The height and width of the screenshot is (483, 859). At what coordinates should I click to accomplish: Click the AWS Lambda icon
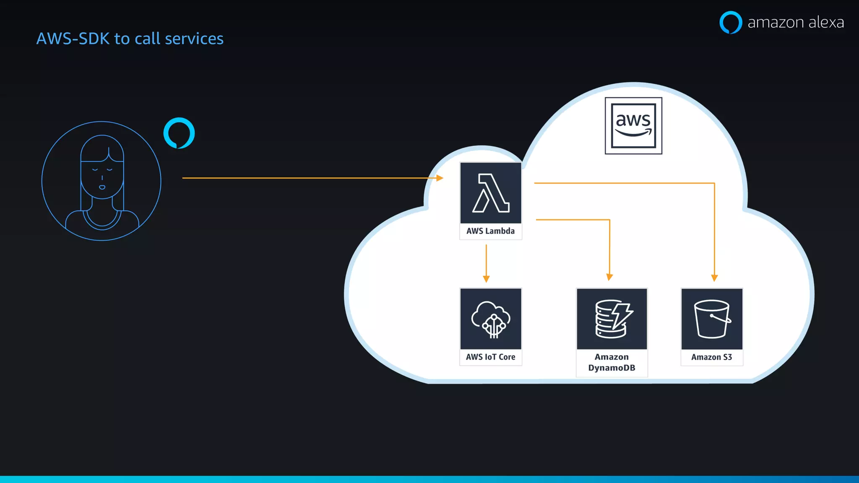point(490,193)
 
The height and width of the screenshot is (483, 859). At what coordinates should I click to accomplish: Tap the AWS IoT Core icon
point(490,319)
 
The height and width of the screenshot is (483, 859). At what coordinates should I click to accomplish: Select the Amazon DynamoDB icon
point(612,319)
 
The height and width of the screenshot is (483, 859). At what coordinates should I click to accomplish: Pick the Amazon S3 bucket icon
point(712,319)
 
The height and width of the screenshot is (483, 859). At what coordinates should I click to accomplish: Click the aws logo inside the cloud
point(633,126)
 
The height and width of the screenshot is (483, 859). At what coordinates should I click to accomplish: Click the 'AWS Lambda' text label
point(490,231)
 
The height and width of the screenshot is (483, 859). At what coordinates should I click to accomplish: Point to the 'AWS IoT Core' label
point(490,357)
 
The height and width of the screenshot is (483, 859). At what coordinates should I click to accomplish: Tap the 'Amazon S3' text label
point(711,357)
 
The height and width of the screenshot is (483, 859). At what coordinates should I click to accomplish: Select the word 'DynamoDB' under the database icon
point(612,368)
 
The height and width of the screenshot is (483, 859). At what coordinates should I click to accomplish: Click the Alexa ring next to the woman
point(179,133)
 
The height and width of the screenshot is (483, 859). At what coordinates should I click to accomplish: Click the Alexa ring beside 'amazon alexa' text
point(731,22)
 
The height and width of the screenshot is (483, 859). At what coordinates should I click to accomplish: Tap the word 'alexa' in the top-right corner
point(826,22)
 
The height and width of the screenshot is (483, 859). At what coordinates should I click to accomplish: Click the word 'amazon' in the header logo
point(776,22)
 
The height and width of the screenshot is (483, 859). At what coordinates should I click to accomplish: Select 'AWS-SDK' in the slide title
point(73,39)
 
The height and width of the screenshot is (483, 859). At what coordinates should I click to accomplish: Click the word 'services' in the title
point(194,39)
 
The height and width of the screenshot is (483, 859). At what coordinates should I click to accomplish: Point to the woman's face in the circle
point(102,176)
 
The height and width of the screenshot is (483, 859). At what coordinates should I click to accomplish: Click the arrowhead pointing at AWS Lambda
point(440,178)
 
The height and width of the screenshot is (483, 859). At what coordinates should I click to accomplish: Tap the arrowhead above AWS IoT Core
point(486,279)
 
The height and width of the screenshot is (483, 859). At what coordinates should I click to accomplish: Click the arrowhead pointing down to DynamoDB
point(609,277)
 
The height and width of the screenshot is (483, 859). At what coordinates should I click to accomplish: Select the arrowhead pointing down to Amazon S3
point(714,278)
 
